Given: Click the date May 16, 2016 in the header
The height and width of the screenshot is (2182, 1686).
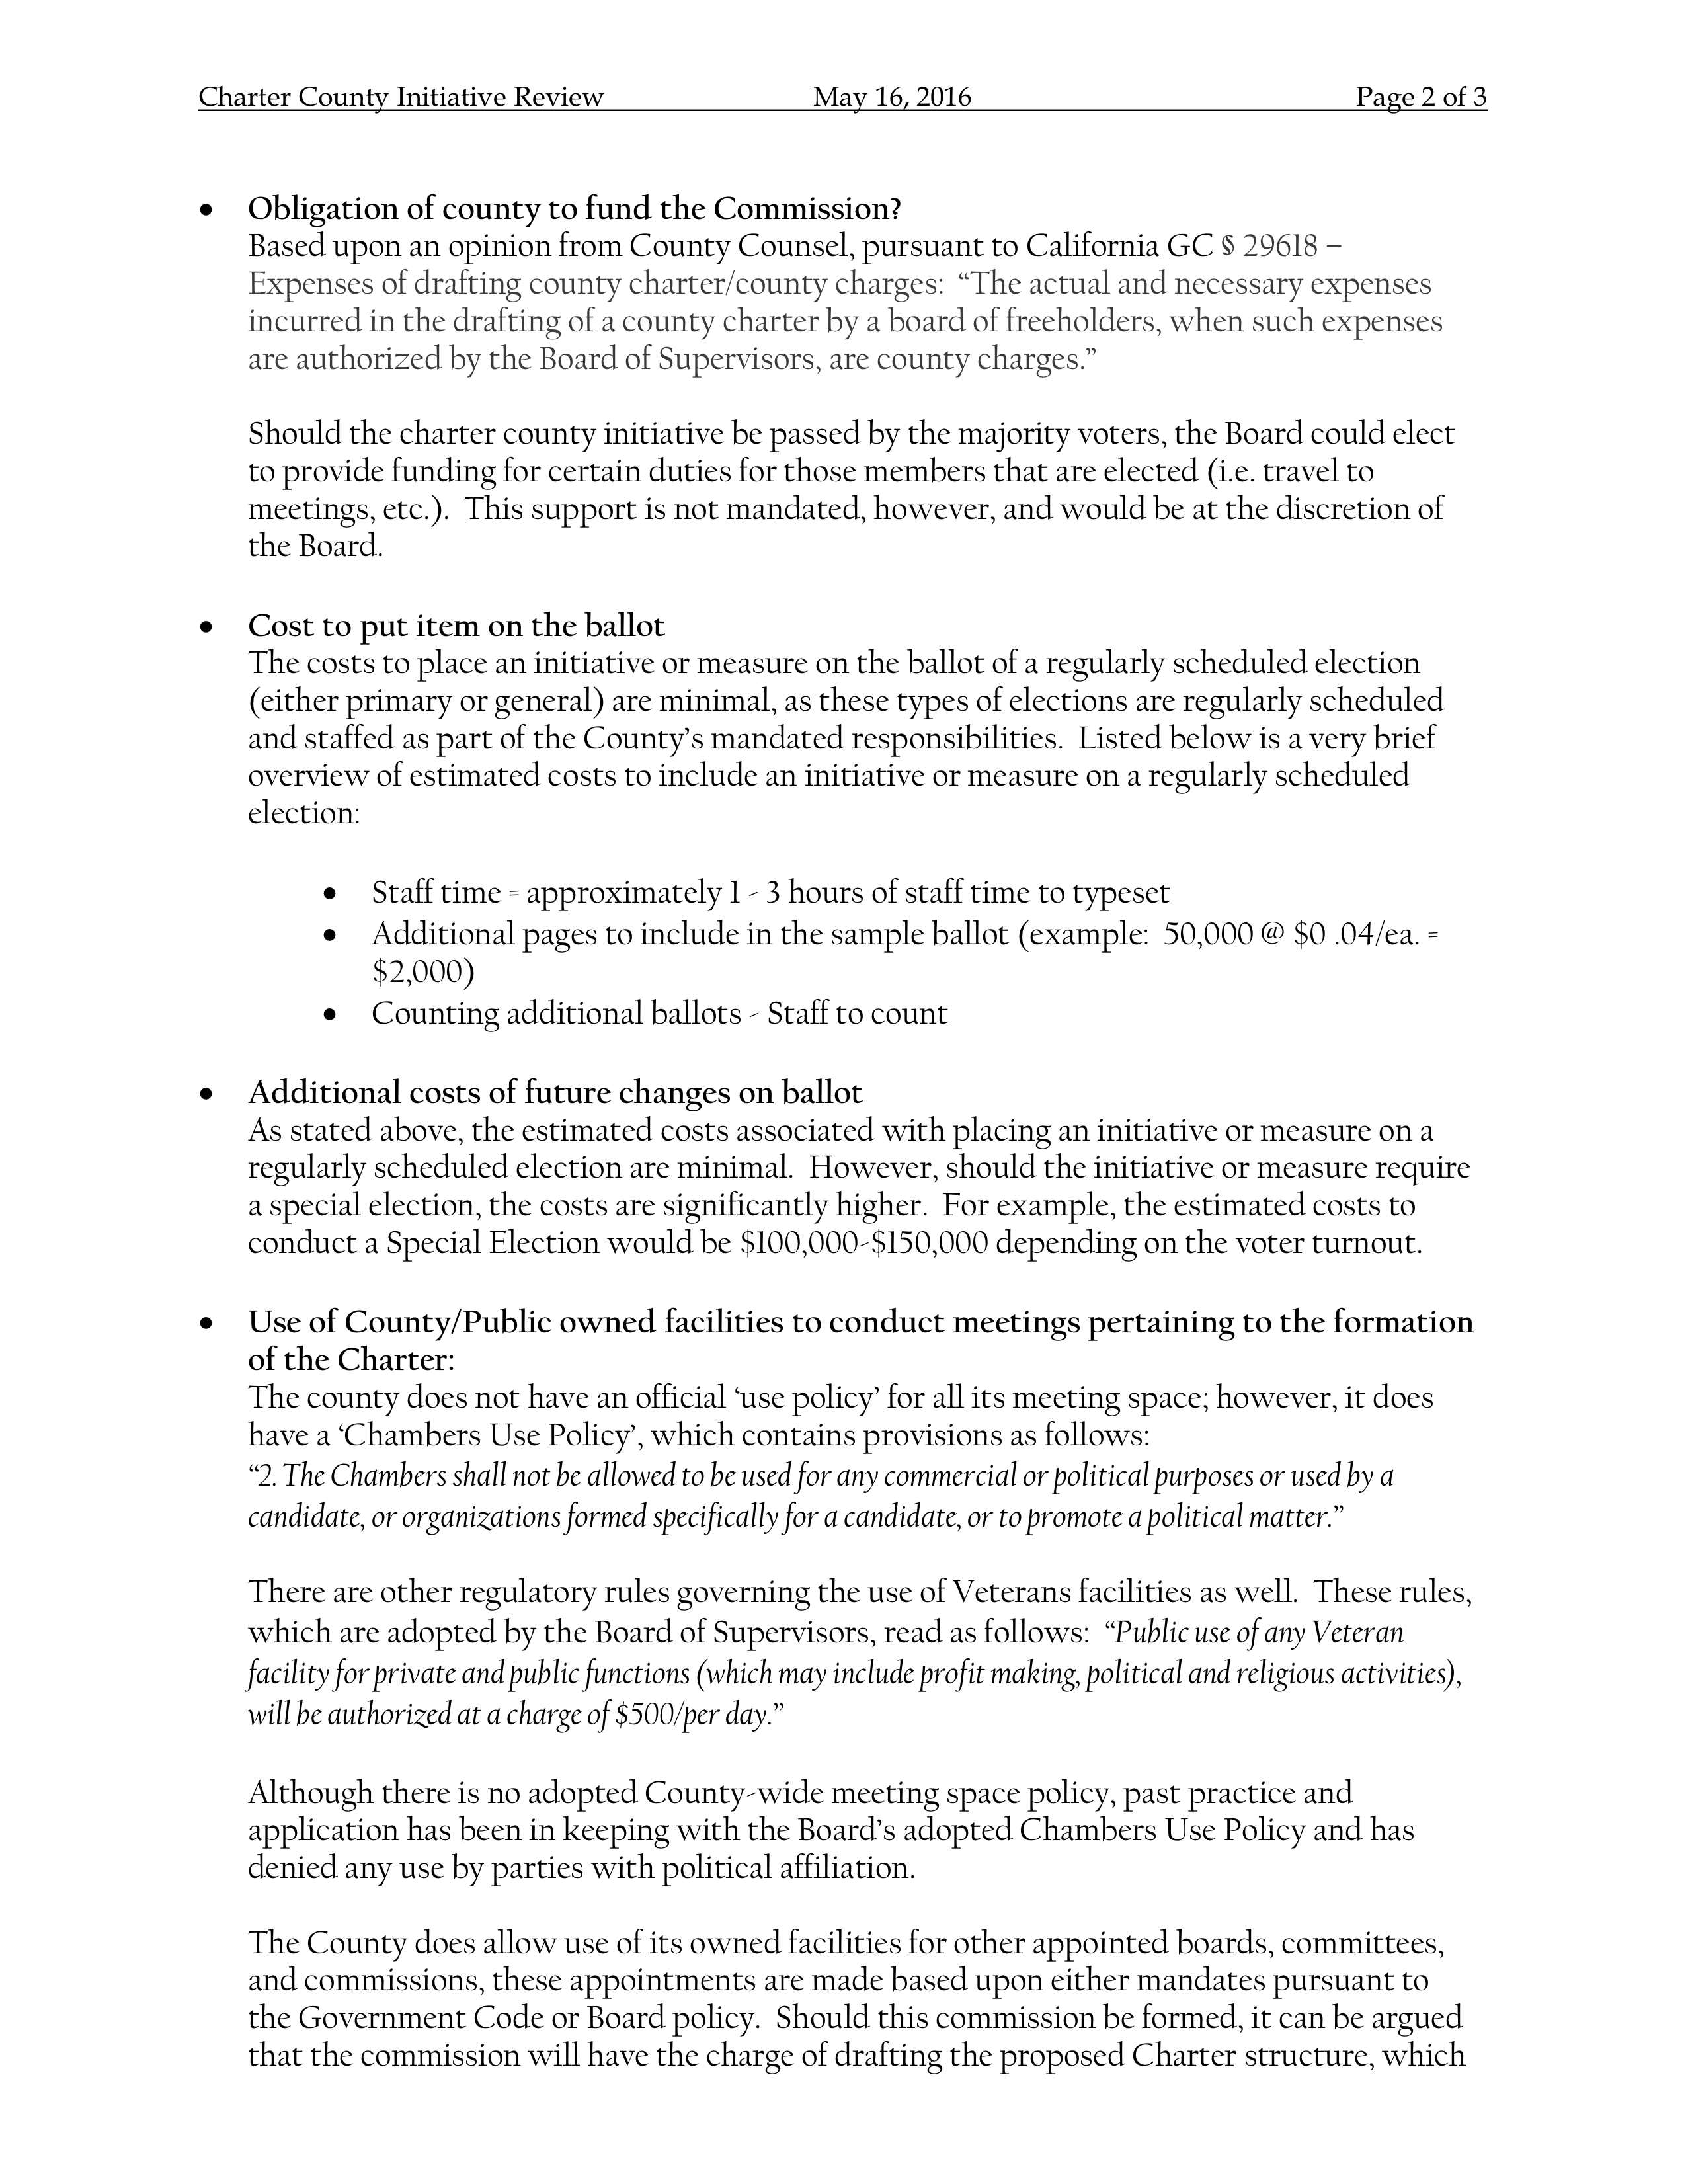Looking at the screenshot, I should point(891,97).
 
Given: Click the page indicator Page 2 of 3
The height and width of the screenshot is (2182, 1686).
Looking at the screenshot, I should point(1420,97).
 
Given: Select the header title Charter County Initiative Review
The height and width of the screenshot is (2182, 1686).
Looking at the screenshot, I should point(401,97).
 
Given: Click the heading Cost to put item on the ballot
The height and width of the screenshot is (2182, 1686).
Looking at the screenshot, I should point(456,626).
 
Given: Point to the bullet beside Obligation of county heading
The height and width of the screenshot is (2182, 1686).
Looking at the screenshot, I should point(207,211).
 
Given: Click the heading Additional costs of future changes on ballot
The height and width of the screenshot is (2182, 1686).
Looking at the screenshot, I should point(554,1092).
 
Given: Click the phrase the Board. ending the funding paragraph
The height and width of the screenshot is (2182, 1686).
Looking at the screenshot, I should point(315,547).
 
